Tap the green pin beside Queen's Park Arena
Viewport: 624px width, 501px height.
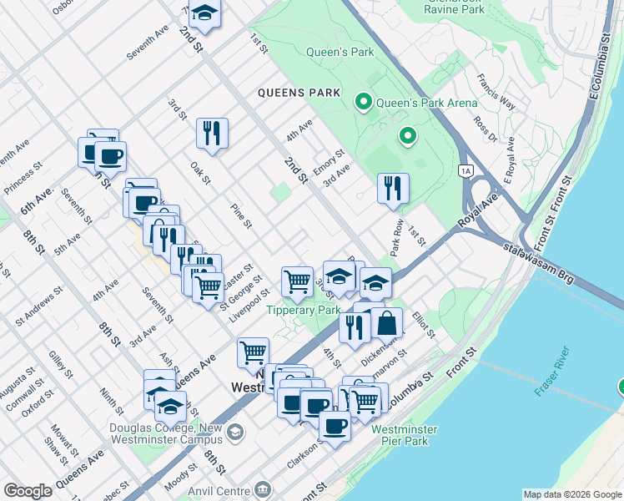pos(363,103)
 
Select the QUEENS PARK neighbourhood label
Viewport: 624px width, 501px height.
pos(299,93)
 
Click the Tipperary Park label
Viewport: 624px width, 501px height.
pos(303,310)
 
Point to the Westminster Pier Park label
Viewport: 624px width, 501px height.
pos(404,435)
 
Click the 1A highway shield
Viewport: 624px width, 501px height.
pos(465,170)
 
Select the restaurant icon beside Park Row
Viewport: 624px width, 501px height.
pos(393,188)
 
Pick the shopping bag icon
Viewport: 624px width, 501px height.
pos(387,322)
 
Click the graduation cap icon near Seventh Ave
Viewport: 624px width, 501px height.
pos(204,14)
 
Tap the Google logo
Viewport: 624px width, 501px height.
pos(28,491)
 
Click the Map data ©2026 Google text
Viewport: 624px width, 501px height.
pos(571,494)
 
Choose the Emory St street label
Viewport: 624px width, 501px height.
pos(329,161)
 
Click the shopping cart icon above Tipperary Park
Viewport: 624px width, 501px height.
pos(297,281)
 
